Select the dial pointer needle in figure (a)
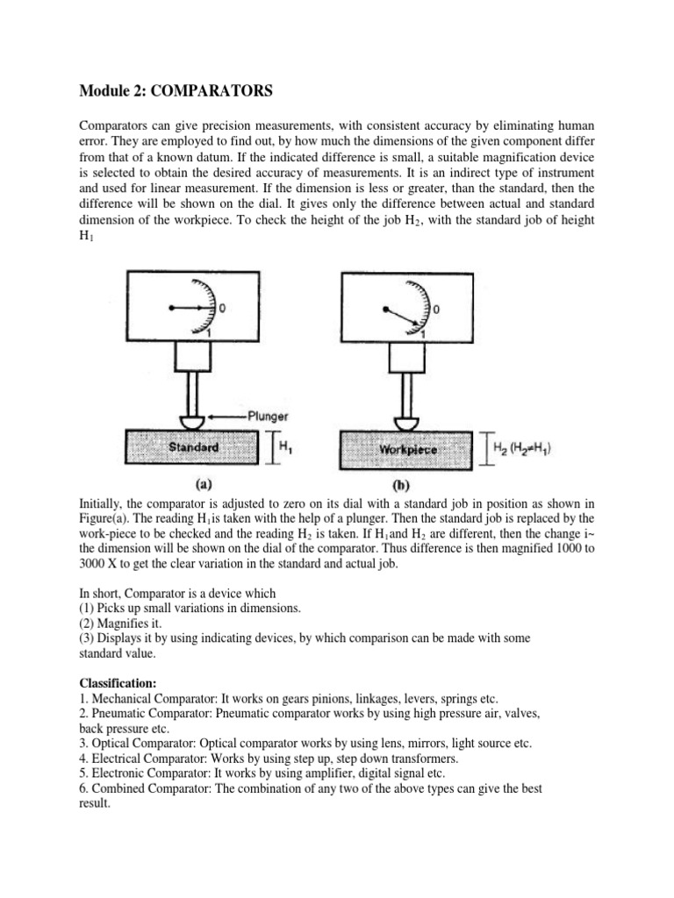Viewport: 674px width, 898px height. (x=193, y=308)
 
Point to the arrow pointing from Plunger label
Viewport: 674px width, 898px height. (x=229, y=416)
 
